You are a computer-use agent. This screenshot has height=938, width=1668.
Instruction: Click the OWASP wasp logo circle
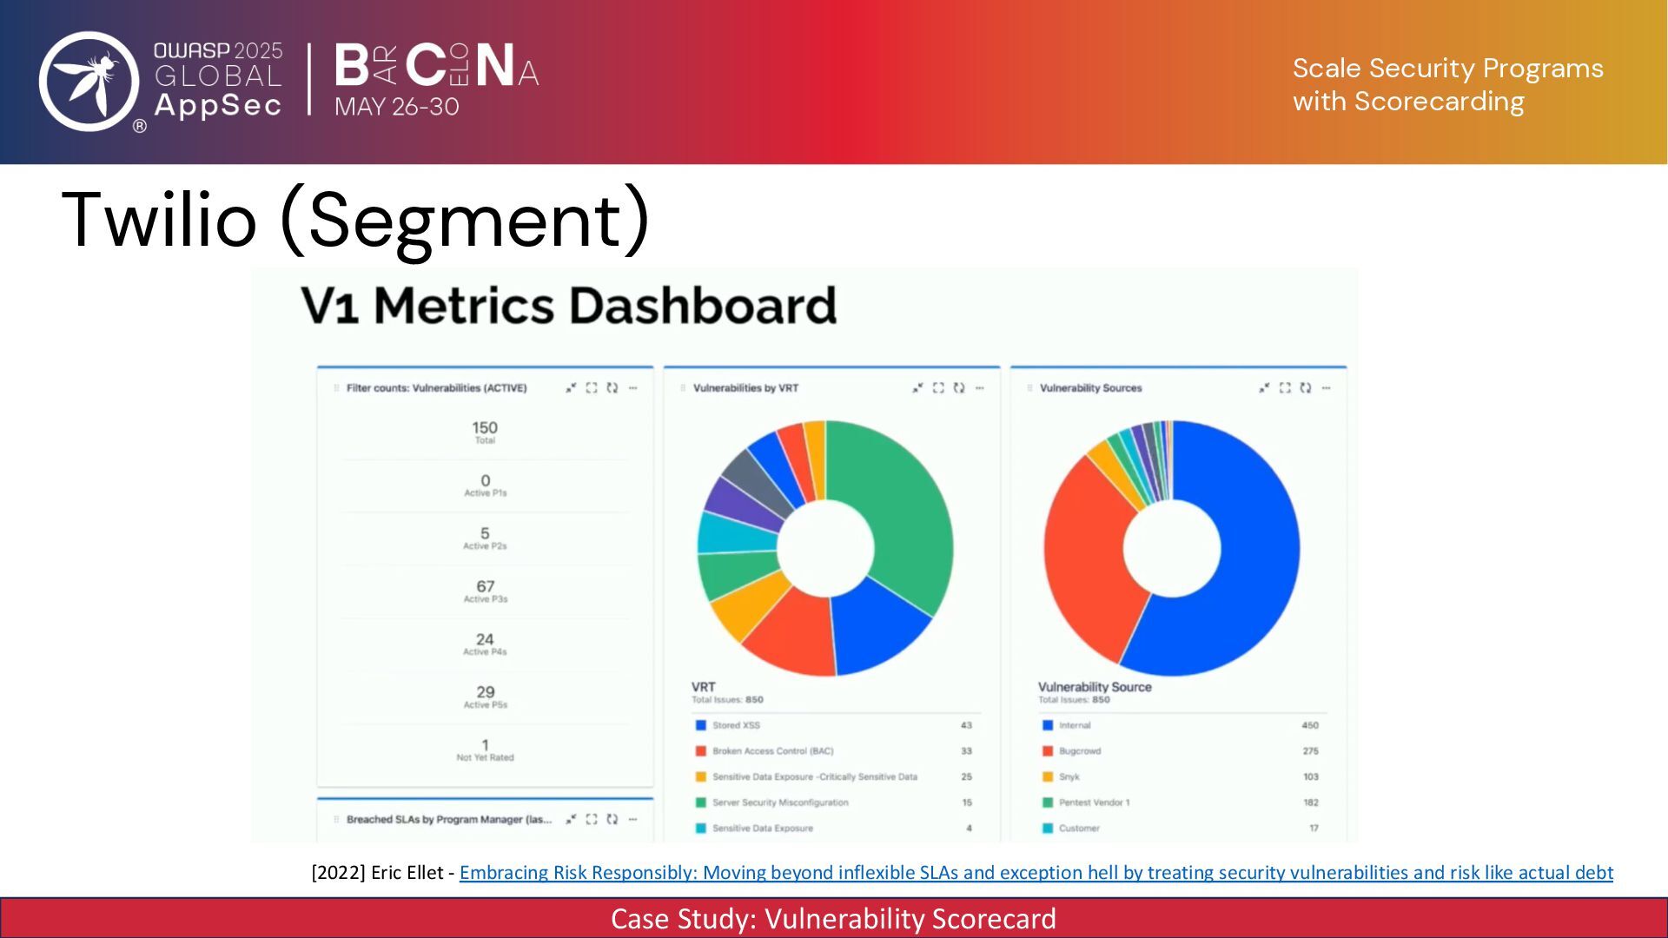coord(89,81)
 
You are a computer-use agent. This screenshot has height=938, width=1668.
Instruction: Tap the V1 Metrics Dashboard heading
coord(569,306)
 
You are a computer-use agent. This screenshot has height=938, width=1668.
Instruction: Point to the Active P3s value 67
coord(485,588)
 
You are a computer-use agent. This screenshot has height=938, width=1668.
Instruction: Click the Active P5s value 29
coord(485,693)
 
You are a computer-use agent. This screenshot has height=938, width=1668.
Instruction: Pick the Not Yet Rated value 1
coord(485,746)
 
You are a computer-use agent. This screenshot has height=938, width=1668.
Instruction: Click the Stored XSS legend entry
coord(736,725)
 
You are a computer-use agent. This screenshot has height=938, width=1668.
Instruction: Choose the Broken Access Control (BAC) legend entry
coord(772,751)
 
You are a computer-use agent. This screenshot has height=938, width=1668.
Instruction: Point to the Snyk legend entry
coord(1069,777)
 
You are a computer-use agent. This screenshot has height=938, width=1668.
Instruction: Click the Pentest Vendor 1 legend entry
coord(1094,803)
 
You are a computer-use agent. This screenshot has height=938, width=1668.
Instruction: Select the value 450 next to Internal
coord(1309,725)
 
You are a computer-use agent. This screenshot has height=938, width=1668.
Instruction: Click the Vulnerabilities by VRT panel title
coord(745,388)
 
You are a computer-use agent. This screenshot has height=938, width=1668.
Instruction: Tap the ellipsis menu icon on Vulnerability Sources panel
coord(1326,388)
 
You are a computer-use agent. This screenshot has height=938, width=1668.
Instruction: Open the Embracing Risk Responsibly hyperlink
coord(1036,873)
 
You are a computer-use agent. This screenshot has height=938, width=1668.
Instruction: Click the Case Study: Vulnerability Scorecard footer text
coord(833,919)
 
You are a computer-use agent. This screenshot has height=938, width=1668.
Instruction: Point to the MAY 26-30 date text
coord(396,107)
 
